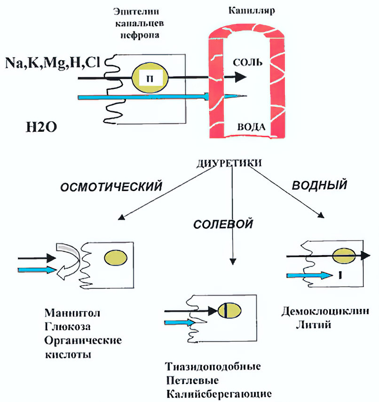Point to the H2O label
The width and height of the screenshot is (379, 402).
[x=41, y=126]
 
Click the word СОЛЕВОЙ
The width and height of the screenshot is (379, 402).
[x=223, y=224]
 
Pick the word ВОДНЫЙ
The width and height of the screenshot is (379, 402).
[x=320, y=185]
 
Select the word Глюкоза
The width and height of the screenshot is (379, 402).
[x=69, y=326]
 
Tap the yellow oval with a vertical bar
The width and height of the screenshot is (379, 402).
[x=229, y=311]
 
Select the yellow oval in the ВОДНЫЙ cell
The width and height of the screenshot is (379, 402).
[x=343, y=256]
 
